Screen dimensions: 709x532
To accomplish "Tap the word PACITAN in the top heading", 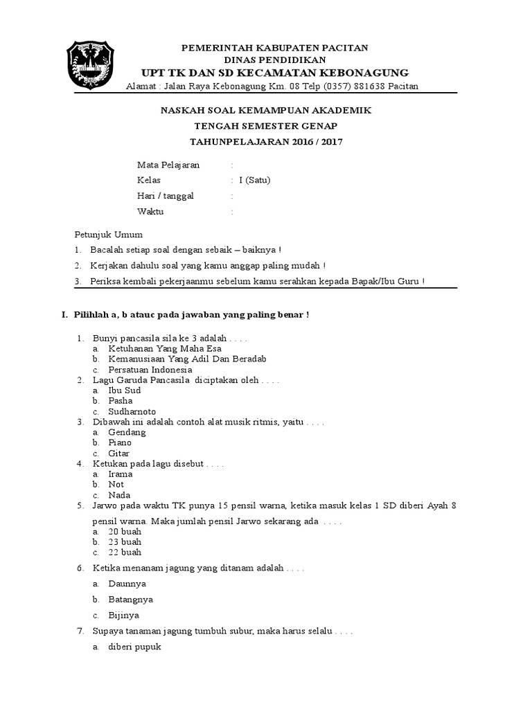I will click(x=344, y=48).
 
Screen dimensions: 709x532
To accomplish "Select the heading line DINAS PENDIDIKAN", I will click(x=275, y=60).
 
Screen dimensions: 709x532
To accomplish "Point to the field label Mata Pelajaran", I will click(x=168, y=165).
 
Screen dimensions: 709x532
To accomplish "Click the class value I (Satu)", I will click(x=254, y=181).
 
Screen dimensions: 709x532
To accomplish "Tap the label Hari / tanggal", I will click(x=166, y=196).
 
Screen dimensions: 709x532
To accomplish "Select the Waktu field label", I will click(x=150, y=212).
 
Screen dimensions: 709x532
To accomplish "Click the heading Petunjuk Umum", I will click(x=108, y=235).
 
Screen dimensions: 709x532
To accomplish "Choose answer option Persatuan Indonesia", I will click(x=150, y=370).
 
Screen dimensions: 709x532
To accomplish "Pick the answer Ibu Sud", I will click(x=125, y=391).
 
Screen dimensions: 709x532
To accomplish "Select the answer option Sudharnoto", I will click(x=132, y=411).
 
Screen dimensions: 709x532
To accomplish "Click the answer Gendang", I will click(x=127, y=432).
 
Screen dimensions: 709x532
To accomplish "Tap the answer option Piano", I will click(x=120, y=442).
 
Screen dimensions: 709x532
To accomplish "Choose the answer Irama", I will click(x=121, y=474).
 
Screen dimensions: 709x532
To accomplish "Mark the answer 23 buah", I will click(x=125, y=542).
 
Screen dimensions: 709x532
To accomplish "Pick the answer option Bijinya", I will click(x=124, y=615).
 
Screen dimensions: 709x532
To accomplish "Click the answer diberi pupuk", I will click(x=134, y=647).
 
